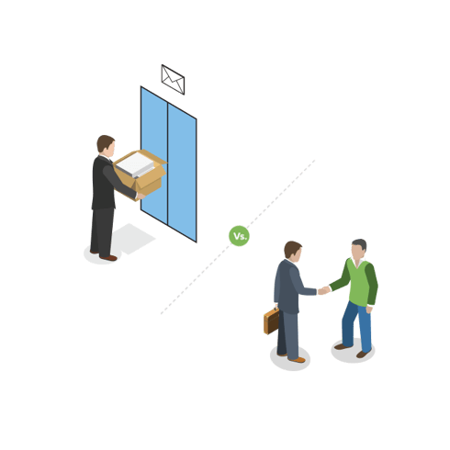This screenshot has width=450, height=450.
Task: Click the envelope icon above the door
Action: pos(173,80)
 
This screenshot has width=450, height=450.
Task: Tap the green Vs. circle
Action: pos(239,236)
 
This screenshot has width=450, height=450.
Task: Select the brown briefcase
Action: pos(271,321)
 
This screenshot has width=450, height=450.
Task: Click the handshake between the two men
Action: pos(324,290)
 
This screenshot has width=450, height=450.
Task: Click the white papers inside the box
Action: pos(135,164)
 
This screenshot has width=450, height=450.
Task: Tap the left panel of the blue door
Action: pos(154,155)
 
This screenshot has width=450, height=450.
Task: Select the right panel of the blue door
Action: pos(182,173)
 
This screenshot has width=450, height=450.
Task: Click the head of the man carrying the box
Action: pos(106,146)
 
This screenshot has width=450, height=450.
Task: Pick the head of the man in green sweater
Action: pos(358,250)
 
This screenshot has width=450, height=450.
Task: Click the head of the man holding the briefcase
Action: pos(293,251)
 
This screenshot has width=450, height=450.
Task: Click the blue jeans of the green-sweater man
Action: pos(357,326)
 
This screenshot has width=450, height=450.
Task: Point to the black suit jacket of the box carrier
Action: pos(106,183)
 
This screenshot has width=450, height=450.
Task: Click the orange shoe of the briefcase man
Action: pos(298,360)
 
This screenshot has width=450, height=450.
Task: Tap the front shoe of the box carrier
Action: pos(108,258)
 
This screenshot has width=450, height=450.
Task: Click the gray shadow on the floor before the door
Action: pos(132,239)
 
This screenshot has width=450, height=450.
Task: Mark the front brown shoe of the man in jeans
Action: pos(363,354)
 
